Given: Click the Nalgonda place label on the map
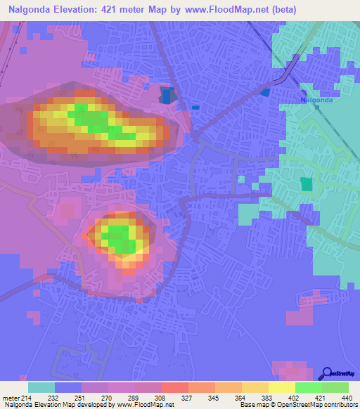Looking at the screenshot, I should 316,100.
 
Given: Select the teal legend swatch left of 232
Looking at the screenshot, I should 41,387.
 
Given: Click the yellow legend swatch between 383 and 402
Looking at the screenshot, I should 282,387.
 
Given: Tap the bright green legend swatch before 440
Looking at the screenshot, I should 335,387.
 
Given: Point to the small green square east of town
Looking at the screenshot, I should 306,184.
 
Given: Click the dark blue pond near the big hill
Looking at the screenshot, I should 167,96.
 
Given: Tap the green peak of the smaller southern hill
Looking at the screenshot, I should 118,239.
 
